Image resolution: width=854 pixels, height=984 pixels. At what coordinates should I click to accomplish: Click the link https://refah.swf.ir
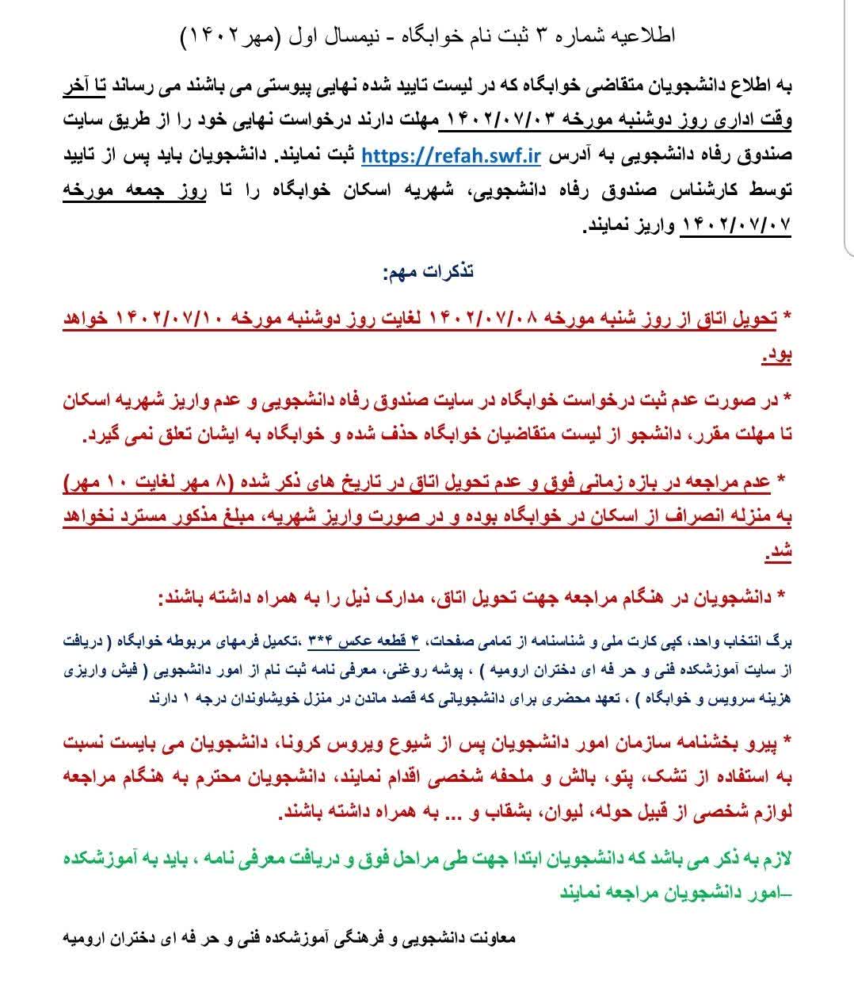[x=451, y=156]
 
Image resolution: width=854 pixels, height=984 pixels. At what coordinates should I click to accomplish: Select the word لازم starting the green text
[x=772, y=859]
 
